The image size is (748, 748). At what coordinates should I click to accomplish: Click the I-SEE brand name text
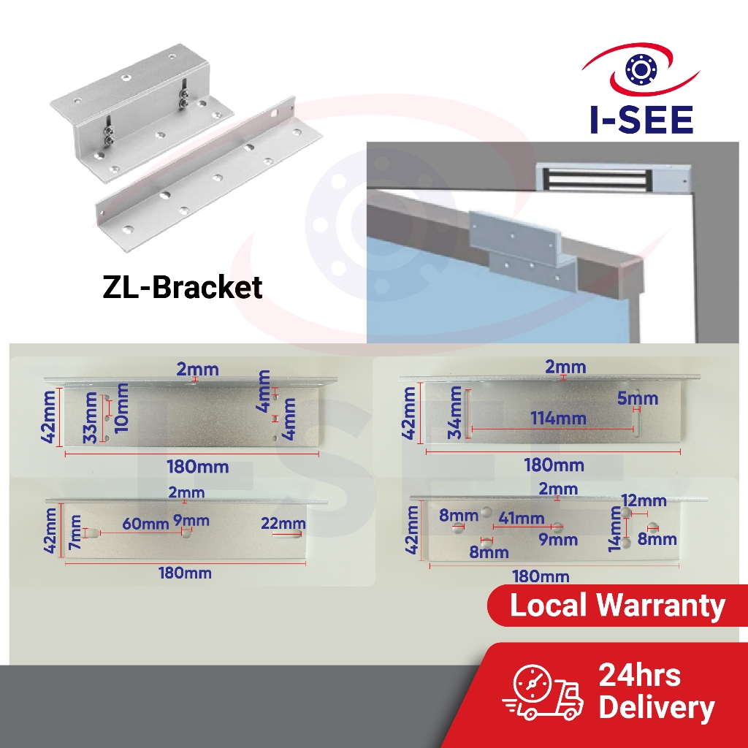point(641,118)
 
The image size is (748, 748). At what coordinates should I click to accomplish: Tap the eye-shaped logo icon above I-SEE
point(641,70)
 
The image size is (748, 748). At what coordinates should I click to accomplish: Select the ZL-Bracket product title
point(182,287)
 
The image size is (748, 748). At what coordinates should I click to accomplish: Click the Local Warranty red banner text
point(617,606)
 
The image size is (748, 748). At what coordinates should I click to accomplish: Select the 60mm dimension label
point(145,523)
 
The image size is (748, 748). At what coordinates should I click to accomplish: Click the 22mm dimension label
point(283,523)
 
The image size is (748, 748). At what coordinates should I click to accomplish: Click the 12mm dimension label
point(643,500)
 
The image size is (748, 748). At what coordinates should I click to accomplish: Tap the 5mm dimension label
point(636,398)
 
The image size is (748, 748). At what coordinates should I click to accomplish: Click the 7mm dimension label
point(75,532)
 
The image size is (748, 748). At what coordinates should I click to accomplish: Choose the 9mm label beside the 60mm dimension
point(191,521)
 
